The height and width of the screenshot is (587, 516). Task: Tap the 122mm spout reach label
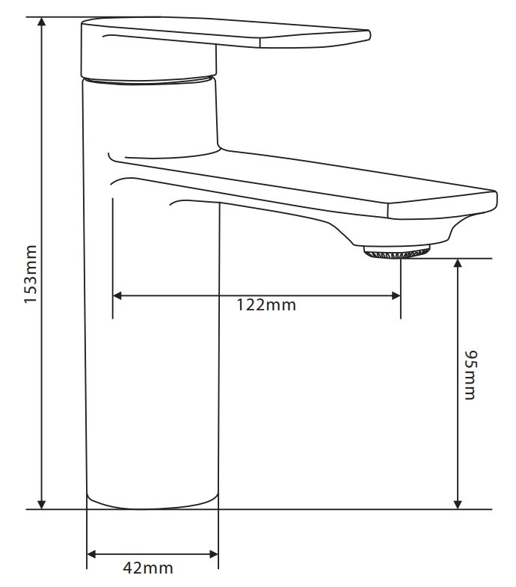click(266, 305)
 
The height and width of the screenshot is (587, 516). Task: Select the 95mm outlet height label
click(469, 374)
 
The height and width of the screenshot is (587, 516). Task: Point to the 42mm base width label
click(147, 568)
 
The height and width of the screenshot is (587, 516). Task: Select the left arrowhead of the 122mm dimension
click(118, 296)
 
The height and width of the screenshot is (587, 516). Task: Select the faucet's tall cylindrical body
click(153, 336)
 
